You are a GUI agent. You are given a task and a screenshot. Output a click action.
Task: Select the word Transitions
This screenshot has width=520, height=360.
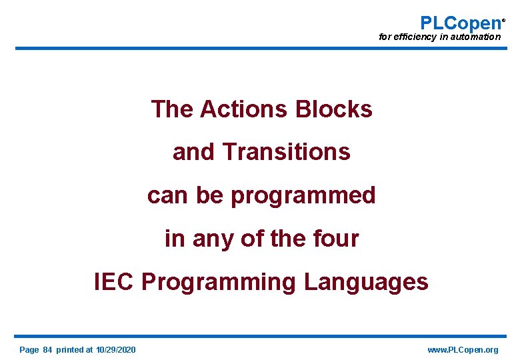(x=287, y=152)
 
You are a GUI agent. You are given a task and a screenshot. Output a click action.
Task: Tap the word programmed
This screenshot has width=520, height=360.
(x=303, y=195)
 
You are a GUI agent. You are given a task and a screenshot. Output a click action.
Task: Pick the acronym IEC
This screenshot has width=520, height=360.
(x=114, y=282)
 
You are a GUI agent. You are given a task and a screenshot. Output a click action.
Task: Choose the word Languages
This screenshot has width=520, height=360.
(x=366, y=283)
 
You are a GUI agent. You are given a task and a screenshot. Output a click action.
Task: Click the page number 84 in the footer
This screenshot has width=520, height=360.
(x=47, y=350)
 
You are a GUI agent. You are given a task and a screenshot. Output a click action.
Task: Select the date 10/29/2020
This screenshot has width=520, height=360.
(x=116, y=350)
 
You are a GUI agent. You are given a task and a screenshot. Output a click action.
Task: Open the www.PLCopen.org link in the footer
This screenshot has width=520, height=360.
(x=463, y=350)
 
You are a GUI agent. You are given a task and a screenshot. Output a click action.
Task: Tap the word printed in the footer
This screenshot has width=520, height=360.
(x=71, y=350)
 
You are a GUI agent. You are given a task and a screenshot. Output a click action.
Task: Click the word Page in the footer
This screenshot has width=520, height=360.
(x=29, y=350)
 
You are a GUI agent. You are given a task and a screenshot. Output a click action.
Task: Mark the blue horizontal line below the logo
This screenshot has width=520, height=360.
(x=260, y=48)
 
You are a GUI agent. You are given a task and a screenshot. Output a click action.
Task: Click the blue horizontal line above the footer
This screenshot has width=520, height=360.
(x=260, y=336)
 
